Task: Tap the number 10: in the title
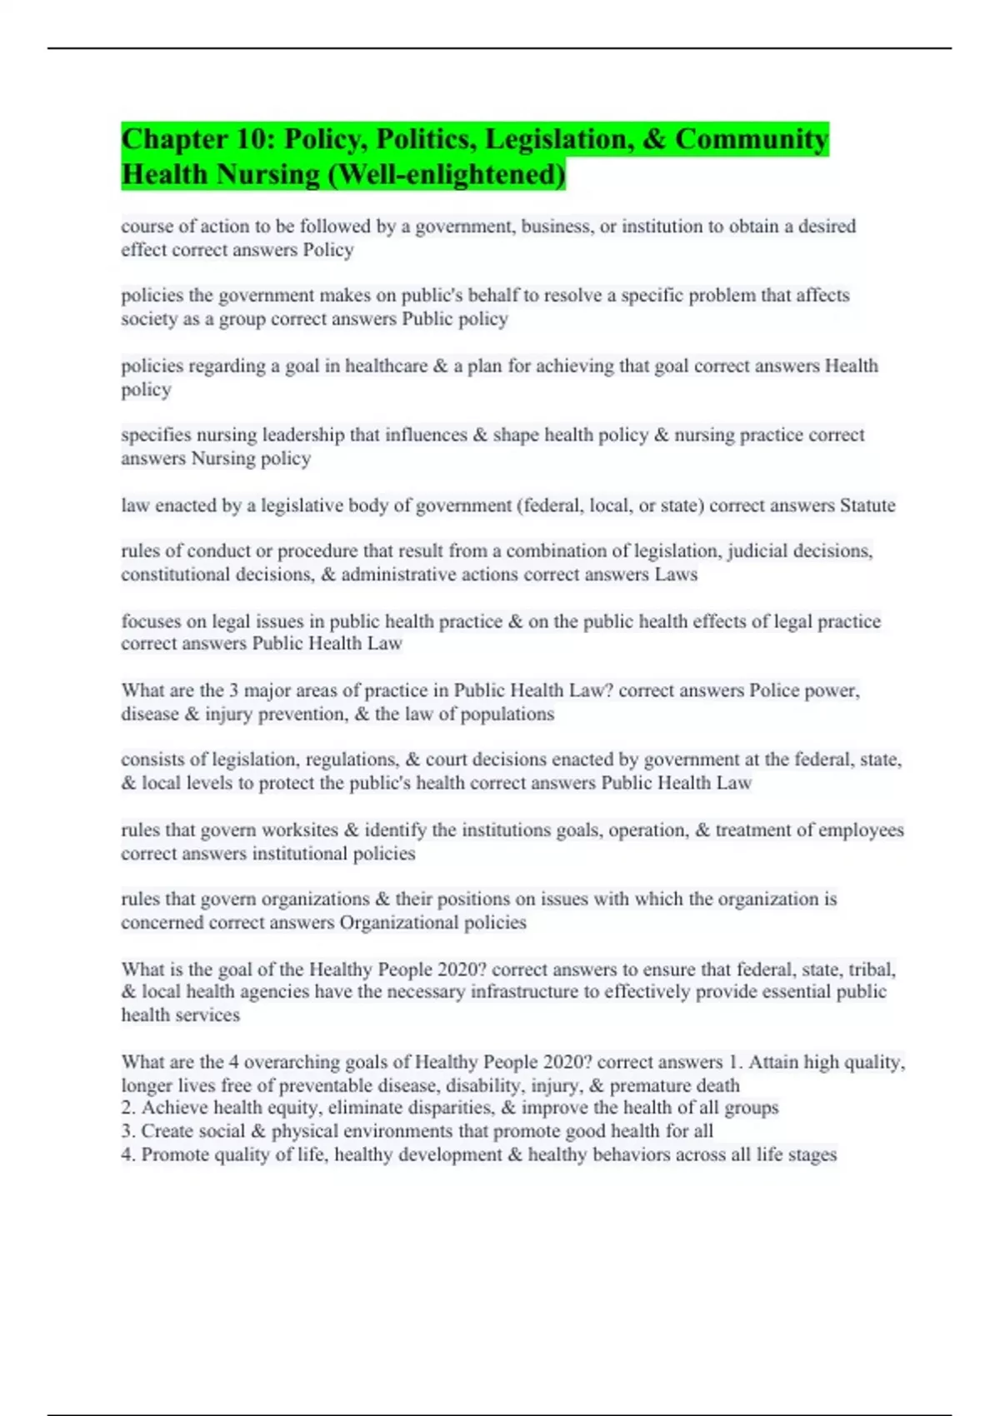click(248, 139)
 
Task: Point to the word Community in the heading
click(752, 139)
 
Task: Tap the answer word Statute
click(867, 506)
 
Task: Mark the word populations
click(508, 714)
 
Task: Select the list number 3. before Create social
click(128, 1131)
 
